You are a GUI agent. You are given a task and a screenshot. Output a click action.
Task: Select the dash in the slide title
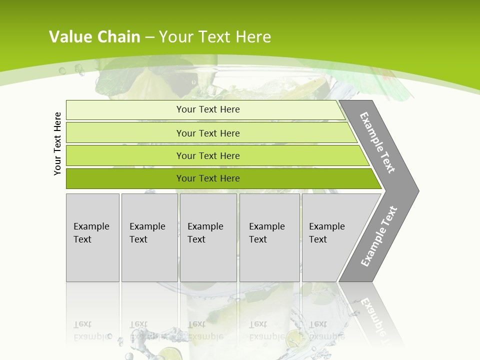(x=149, y=37)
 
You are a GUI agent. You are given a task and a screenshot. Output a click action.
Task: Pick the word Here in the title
(x=253, y=37)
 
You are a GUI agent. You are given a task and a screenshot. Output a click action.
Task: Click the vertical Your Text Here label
(x=57, y=144)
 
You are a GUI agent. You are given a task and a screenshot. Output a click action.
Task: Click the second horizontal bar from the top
(x=208, y=133)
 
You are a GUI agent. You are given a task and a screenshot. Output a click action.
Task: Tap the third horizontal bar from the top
(x=208, y=155)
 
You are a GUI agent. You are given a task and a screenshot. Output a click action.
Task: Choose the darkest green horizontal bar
(x=208, y=178)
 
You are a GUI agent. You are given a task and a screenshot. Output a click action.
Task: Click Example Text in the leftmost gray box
(x=91, y=233)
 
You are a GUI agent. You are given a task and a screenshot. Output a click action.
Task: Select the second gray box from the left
(x=149, y=237)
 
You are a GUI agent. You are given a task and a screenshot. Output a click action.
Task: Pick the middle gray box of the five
(x=208, y=237)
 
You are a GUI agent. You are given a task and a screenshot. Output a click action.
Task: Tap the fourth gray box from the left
(x=269, y=237)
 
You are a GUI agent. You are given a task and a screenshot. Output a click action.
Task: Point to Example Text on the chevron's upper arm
(x=377, y=142)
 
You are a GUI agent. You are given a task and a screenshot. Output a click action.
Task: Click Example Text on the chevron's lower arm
(x=378, y=236)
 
